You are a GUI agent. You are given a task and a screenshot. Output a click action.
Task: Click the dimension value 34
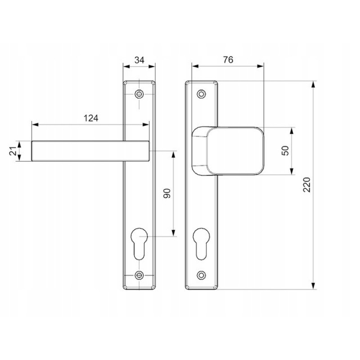(139, 60)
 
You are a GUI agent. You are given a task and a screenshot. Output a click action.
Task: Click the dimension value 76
(228, 60)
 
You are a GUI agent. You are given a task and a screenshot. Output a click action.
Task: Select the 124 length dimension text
(91, 118)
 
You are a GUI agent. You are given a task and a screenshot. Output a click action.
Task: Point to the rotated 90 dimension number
(167, 193)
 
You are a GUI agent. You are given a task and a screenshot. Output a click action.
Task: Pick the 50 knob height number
(285, 151)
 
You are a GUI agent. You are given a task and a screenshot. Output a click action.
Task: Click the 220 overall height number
(307, 185)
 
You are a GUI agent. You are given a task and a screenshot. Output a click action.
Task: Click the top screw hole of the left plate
(139, 94)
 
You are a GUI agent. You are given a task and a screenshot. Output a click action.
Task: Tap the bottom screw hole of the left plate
(139, 275)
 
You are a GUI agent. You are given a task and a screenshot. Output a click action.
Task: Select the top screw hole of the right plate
(201, 94)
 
